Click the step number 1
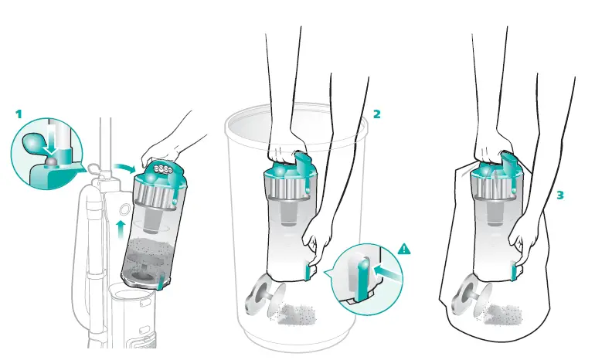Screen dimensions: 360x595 tap(19, 114)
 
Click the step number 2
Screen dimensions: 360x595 tap(377, 114)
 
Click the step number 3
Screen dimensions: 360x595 tap(559, 195)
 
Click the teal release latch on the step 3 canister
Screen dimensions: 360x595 tap(514, 270)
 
